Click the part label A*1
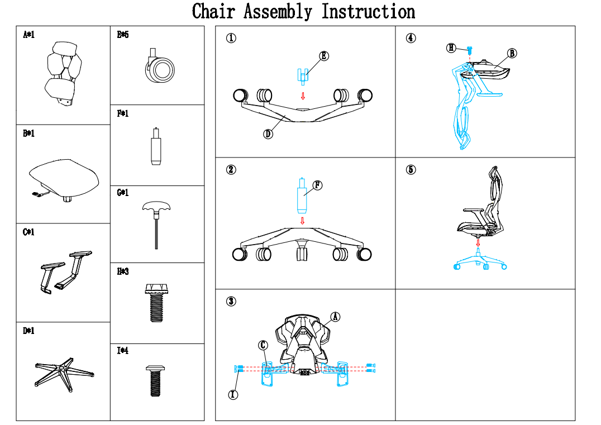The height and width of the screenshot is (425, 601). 28,35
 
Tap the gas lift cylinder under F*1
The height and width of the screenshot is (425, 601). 155,146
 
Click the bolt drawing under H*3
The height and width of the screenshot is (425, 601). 157,303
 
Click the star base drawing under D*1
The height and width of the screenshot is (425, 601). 64,373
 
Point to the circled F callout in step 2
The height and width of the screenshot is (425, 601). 317,185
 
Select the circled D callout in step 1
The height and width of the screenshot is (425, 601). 268,134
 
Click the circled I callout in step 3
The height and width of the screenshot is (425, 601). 233,394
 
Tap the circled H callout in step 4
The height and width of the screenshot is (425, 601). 451,48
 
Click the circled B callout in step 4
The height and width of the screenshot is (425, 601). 512,53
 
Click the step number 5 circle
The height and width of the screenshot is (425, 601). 411,170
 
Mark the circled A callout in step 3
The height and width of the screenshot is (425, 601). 335,317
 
